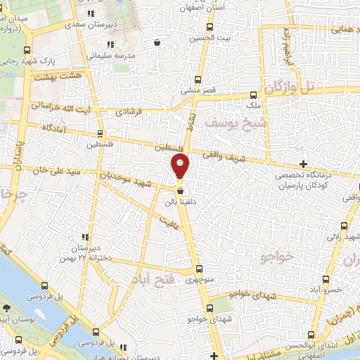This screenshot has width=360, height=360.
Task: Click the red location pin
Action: (x=181, y=166)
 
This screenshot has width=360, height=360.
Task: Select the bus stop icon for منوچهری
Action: (x=199, y=268)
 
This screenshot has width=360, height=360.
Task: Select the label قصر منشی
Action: (x=198, y=91)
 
